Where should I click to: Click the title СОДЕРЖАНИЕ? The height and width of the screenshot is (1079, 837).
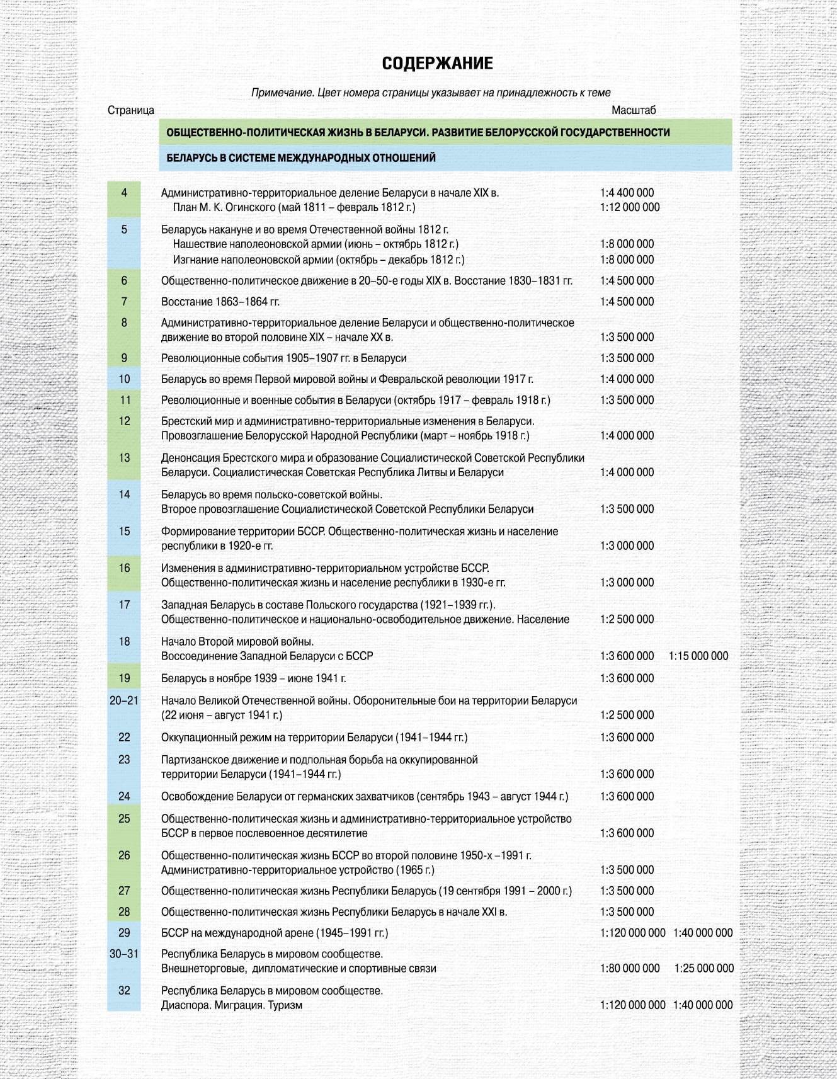click(x=437, y=64)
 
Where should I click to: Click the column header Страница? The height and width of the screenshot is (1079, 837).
click(x=130, y=110)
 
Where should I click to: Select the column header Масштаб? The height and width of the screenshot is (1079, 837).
click(x=633, y=110)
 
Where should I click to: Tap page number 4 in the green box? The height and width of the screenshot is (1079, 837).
click(x=124, y=193)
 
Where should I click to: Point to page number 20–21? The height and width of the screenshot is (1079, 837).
click(x=124, y=700)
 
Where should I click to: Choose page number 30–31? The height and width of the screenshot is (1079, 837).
click(x=124, y=954)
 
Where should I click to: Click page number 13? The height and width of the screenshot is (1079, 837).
click(x=124, y=458)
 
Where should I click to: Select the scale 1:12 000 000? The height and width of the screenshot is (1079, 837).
click(x=629, y=207)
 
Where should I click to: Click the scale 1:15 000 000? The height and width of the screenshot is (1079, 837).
click(x=698, y=656)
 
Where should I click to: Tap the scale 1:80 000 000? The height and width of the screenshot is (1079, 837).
click(x=629, y=968)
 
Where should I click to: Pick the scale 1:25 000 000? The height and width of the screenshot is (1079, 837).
click(x=703, y=968)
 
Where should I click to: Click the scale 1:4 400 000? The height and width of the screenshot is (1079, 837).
click(x=627, y=193)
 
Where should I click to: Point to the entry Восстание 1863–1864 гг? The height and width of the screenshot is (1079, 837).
click(x=220, y=302)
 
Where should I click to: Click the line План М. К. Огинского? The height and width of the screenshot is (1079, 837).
click(x=294, y=207)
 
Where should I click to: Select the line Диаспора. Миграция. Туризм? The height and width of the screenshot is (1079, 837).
click(x=232, y=1005)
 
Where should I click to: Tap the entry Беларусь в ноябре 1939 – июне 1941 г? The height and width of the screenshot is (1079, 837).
click(x=253, y=678)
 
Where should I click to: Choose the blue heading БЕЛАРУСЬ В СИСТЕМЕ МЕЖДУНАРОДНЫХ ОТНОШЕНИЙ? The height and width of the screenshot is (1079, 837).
click(x=301, y=158)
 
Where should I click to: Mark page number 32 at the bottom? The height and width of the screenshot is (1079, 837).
click(x=124, y=990)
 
